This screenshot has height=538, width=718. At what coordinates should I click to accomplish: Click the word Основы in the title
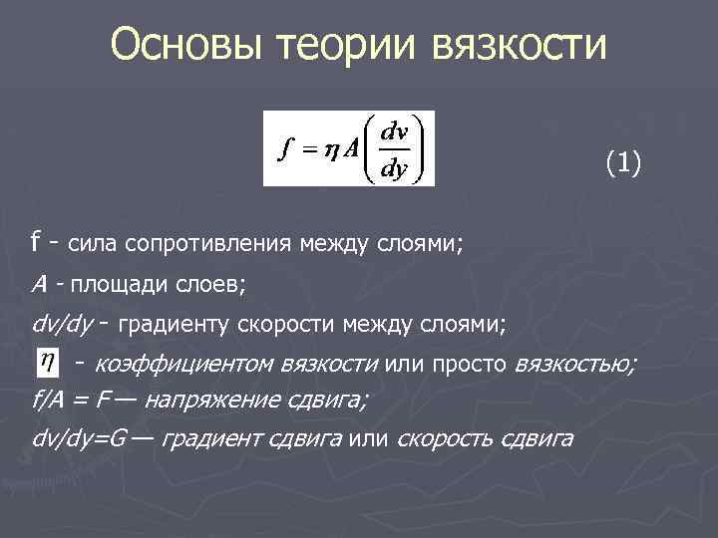pyautogui.click(x=182, y=45)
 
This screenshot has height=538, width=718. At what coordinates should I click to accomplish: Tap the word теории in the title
pyautogui.click(x=343, y=45)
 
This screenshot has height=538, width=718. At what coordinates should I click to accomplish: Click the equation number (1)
pyautogui.click(x=623, y=163)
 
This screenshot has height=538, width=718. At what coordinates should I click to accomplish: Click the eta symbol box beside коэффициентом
pyautogui.click(x=46, y=362)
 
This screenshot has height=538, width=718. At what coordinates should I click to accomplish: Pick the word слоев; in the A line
pyautogui.click(x=210, y=285)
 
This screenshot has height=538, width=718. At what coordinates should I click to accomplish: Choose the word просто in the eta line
pyautogui.click(x=467, y=362)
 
